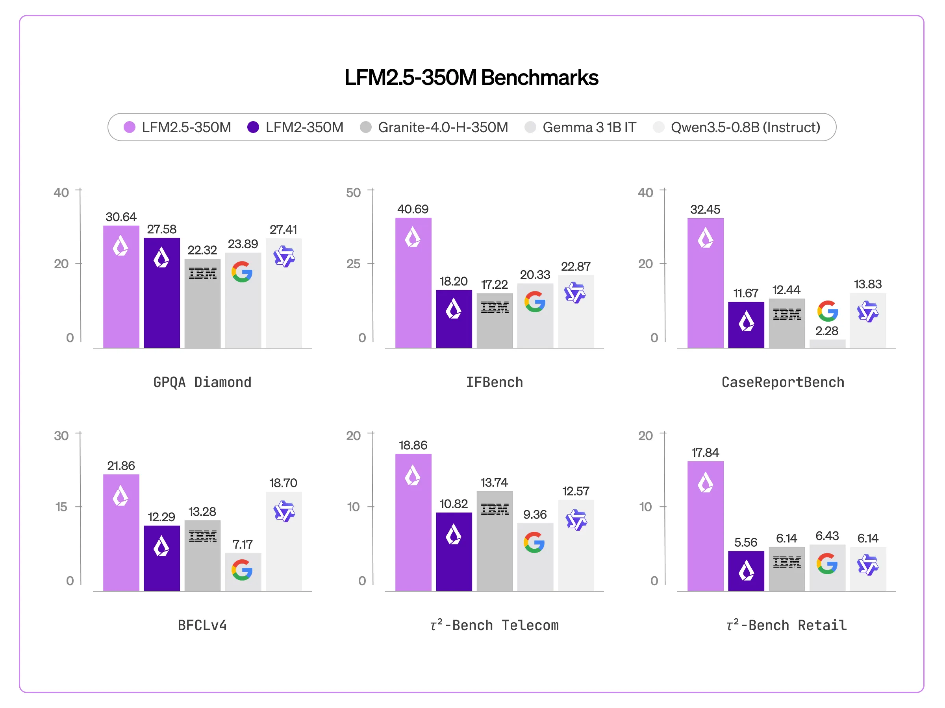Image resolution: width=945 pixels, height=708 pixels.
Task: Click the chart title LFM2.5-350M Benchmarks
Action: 471,77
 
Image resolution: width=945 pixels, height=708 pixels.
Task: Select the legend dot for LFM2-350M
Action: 253,127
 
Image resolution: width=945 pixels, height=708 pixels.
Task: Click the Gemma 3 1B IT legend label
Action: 589,127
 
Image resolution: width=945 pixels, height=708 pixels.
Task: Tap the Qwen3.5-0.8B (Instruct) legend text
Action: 745,127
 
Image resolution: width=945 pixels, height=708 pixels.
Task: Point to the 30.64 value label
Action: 121,217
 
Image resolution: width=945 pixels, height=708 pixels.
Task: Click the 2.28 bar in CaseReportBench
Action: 827,343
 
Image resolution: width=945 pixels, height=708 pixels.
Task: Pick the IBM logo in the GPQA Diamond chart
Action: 202,273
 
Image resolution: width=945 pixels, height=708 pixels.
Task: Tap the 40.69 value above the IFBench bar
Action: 413,209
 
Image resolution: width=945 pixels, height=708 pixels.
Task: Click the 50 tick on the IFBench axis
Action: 353,192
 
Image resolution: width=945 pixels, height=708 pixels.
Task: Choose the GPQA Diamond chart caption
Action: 202,382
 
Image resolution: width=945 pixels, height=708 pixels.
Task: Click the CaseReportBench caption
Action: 783,382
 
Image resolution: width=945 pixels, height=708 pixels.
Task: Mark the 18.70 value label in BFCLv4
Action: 283,483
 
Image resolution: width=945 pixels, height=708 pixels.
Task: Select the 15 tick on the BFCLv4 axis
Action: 61,507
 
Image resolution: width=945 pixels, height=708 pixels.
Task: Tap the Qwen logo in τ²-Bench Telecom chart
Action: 576,520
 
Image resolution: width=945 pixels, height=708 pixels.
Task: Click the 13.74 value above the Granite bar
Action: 494,482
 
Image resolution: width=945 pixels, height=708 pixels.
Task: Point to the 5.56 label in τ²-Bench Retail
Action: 745,542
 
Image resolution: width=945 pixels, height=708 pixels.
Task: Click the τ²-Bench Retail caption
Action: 786,626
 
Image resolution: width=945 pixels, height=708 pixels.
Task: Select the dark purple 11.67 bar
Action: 746,325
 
